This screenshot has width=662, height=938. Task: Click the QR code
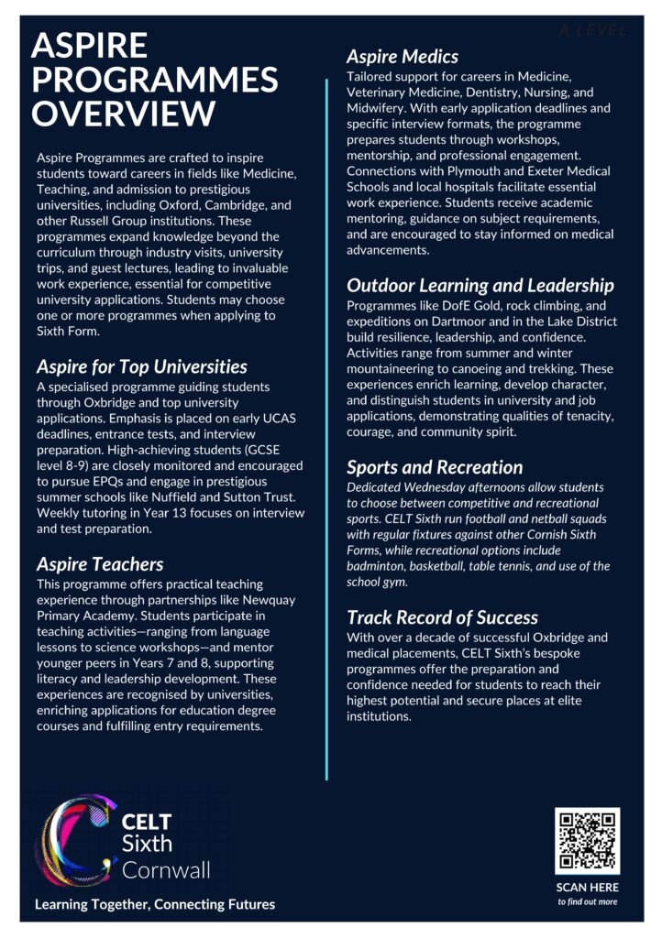587,840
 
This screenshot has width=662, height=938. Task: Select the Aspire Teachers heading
100,563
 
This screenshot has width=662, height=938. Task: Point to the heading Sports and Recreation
435,467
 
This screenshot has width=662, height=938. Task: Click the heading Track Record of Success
442,617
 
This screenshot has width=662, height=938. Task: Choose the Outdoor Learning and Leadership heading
480,286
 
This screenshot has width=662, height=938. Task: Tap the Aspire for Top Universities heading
142,366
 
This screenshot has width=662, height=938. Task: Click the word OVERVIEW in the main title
124,114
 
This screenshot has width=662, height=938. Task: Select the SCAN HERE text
587,887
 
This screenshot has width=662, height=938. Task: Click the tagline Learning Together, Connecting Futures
155,904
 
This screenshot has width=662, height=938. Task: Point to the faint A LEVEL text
593,31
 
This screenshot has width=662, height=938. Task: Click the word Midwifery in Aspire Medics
379,108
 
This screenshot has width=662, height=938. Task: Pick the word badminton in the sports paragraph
381,565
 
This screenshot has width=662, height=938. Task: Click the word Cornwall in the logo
166,868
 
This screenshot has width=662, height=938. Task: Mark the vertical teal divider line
327,431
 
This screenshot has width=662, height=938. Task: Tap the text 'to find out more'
587,901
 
